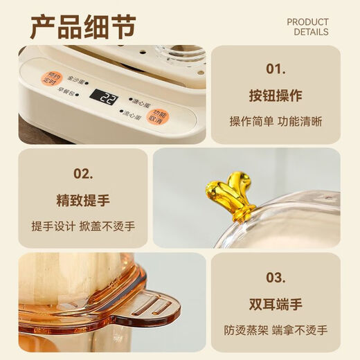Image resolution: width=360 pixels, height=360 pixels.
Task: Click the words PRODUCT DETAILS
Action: [x=307, y=27]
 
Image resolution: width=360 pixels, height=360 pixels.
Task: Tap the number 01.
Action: [x=276, y=69]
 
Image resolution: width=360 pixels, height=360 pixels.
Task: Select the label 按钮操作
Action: [x=275, y=96]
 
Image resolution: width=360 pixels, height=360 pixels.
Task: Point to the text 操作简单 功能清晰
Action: [x=276, y=121]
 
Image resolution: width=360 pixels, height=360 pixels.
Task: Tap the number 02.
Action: [x=82, y=173]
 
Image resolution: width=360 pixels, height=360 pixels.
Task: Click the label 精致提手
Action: [x=82, y=201]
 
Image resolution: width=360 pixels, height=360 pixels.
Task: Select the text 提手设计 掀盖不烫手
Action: [x=82, y=226]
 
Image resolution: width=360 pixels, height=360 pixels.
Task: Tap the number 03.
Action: [x=276, y=278]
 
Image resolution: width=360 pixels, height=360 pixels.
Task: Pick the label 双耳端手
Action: [x=275, y=305]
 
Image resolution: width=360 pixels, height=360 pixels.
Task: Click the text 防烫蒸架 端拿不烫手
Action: [x=276, y=330]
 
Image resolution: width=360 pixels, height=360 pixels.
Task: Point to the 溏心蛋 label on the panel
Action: [x=140, y=98]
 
